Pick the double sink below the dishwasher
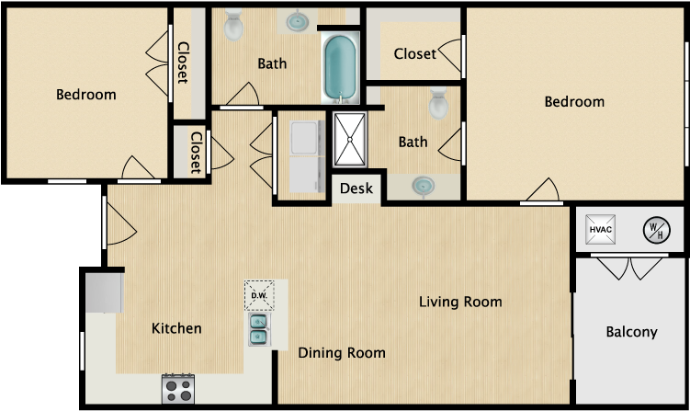[x=258, y=329]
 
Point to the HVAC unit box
[x=601, y=229]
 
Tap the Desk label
[x=356, y=189]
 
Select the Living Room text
[x=460, y=302]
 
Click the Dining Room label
[x=342, y=353]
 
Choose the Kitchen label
[x=176, y=328]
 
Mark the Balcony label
[x=631, y=332]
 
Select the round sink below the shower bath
[x=424, y=187]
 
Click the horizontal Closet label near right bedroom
[x=414, y=54]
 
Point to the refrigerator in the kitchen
[x=104, y=293]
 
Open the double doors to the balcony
[x=630, y=268]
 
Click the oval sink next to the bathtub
[x=298, y=20]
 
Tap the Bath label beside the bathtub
[x=271, y=64]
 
